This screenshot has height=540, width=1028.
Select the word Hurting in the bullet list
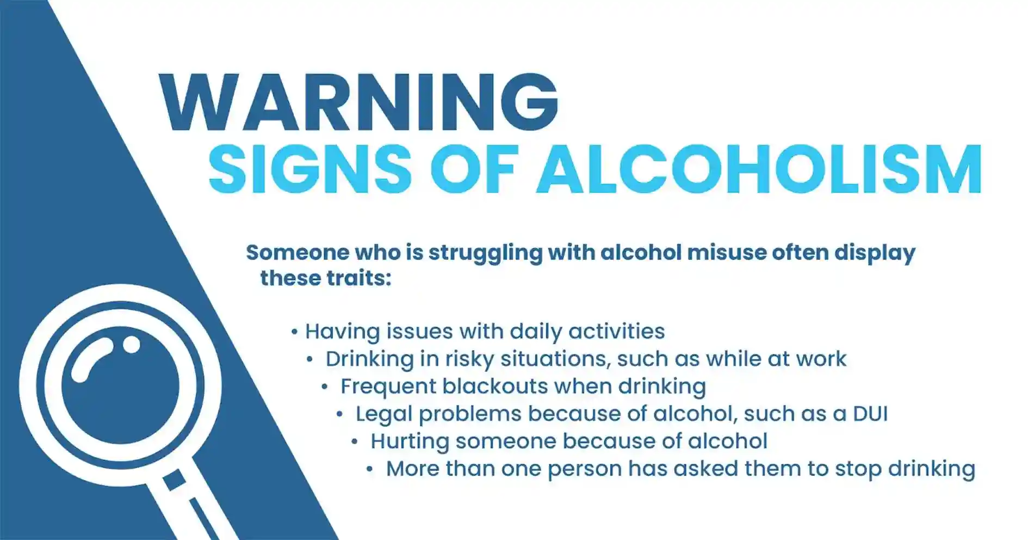pyautogui.click(x=410, y=441)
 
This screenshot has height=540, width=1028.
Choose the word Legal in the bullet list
pyautogui.click(x=383, y=414)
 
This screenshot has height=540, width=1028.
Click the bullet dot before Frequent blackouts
pyautogui.click(x=325, y=387)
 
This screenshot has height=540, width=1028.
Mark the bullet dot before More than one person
pyautogui.click(x=370, y=469)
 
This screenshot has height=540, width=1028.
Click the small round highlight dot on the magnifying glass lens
pyautogui.click(x=131, y=344)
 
